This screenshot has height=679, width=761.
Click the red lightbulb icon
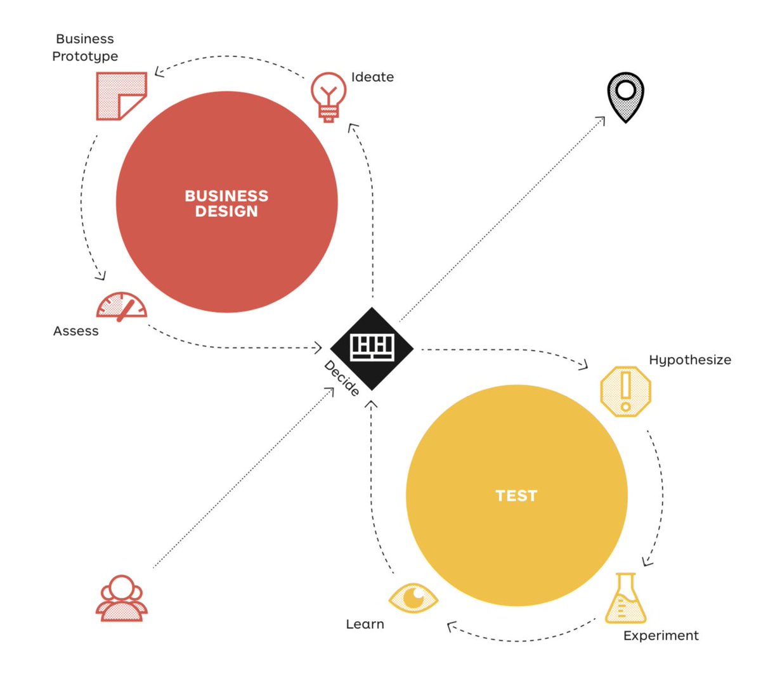(328, 97)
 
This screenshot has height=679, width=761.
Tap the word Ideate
(372, 77)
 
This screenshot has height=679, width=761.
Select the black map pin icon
(625, 98)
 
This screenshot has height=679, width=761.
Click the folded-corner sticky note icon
(121, 96)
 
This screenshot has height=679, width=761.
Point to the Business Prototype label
(85, 48)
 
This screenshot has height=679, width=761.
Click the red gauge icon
(121, 306)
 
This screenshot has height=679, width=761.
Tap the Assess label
(76, 331)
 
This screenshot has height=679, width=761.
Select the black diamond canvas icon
(372, 349)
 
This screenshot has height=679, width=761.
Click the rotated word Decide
(341, 378)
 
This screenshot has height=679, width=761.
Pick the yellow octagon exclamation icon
(625, 391)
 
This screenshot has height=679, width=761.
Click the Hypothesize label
(690, 360)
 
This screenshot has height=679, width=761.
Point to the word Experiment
(661, 636)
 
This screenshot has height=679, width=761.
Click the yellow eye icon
(413, 598)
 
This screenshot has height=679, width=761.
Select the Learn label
(365, 624)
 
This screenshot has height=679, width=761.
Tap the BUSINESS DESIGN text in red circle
(226, 203)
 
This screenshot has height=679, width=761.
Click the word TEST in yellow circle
(516, 495)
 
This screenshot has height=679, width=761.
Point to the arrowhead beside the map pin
(600, 121)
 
